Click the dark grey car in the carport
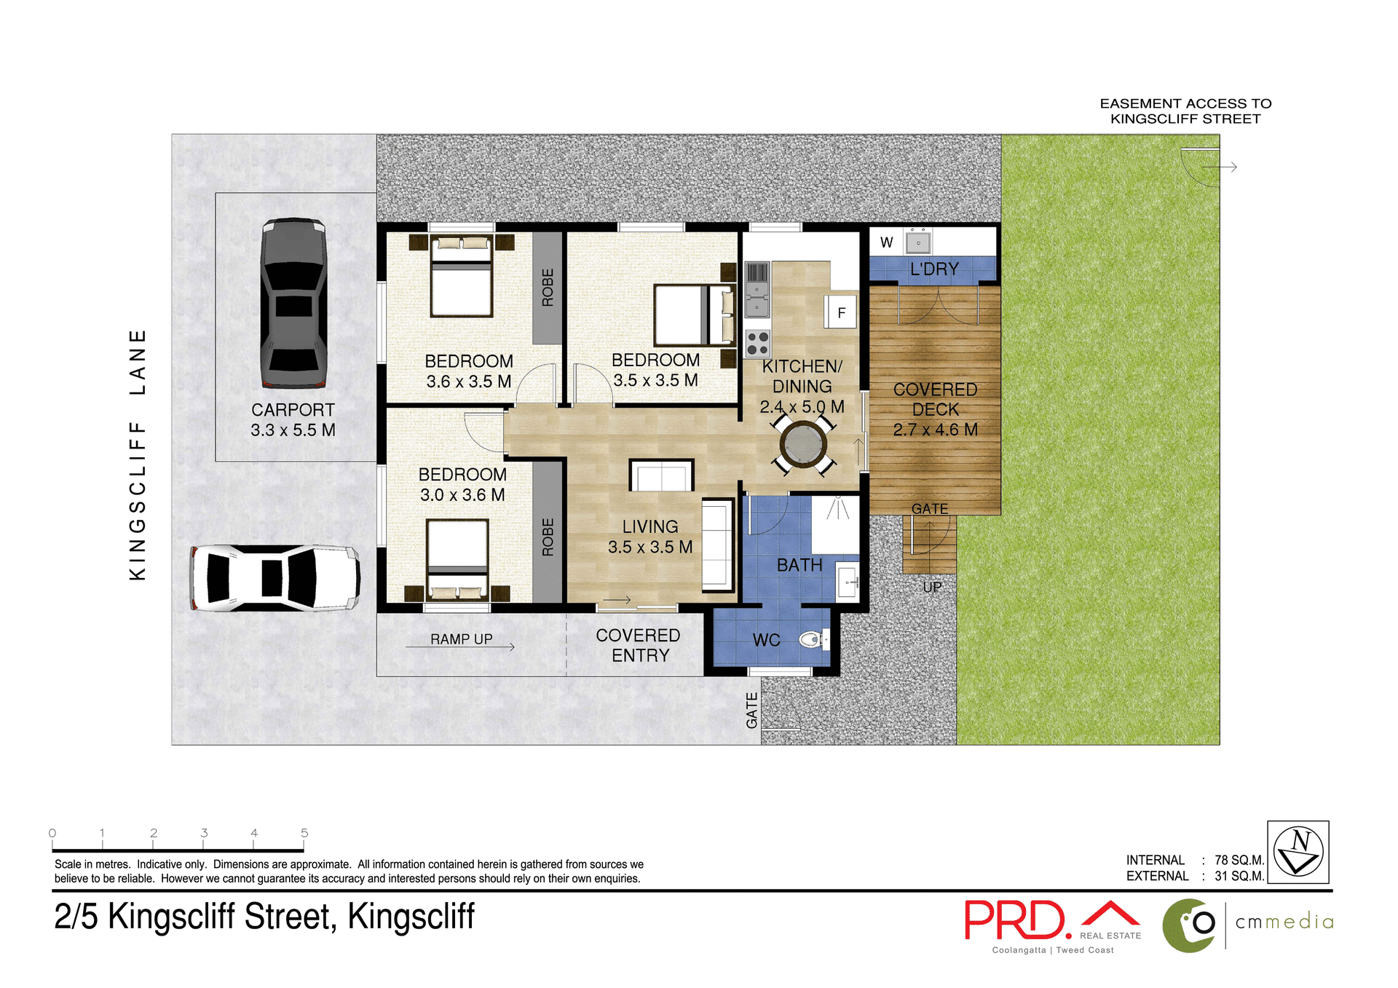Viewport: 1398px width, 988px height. pos(293,303)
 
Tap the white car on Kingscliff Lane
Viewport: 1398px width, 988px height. pos(275,577)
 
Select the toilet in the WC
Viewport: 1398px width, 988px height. pos(811,640)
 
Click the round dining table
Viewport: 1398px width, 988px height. pos(803,443)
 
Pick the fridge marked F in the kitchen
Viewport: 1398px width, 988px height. pos(841,312)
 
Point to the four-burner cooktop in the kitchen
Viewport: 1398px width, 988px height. pos(757,343)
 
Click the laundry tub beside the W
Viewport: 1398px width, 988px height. pos(917,242)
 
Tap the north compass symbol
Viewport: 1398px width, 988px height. pos(1298,852)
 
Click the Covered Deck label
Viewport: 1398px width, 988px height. pos(935,409)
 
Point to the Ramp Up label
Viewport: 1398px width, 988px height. pos(461,639)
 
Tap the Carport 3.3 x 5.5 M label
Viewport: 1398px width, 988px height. pos(293,420)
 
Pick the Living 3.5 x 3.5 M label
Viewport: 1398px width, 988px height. pos(650,537)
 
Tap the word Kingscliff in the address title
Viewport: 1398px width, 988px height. pos(411,917)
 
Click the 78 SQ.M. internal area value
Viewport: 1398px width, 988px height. pos(1239,860)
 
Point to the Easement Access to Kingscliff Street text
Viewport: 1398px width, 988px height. pos(1185,111)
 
